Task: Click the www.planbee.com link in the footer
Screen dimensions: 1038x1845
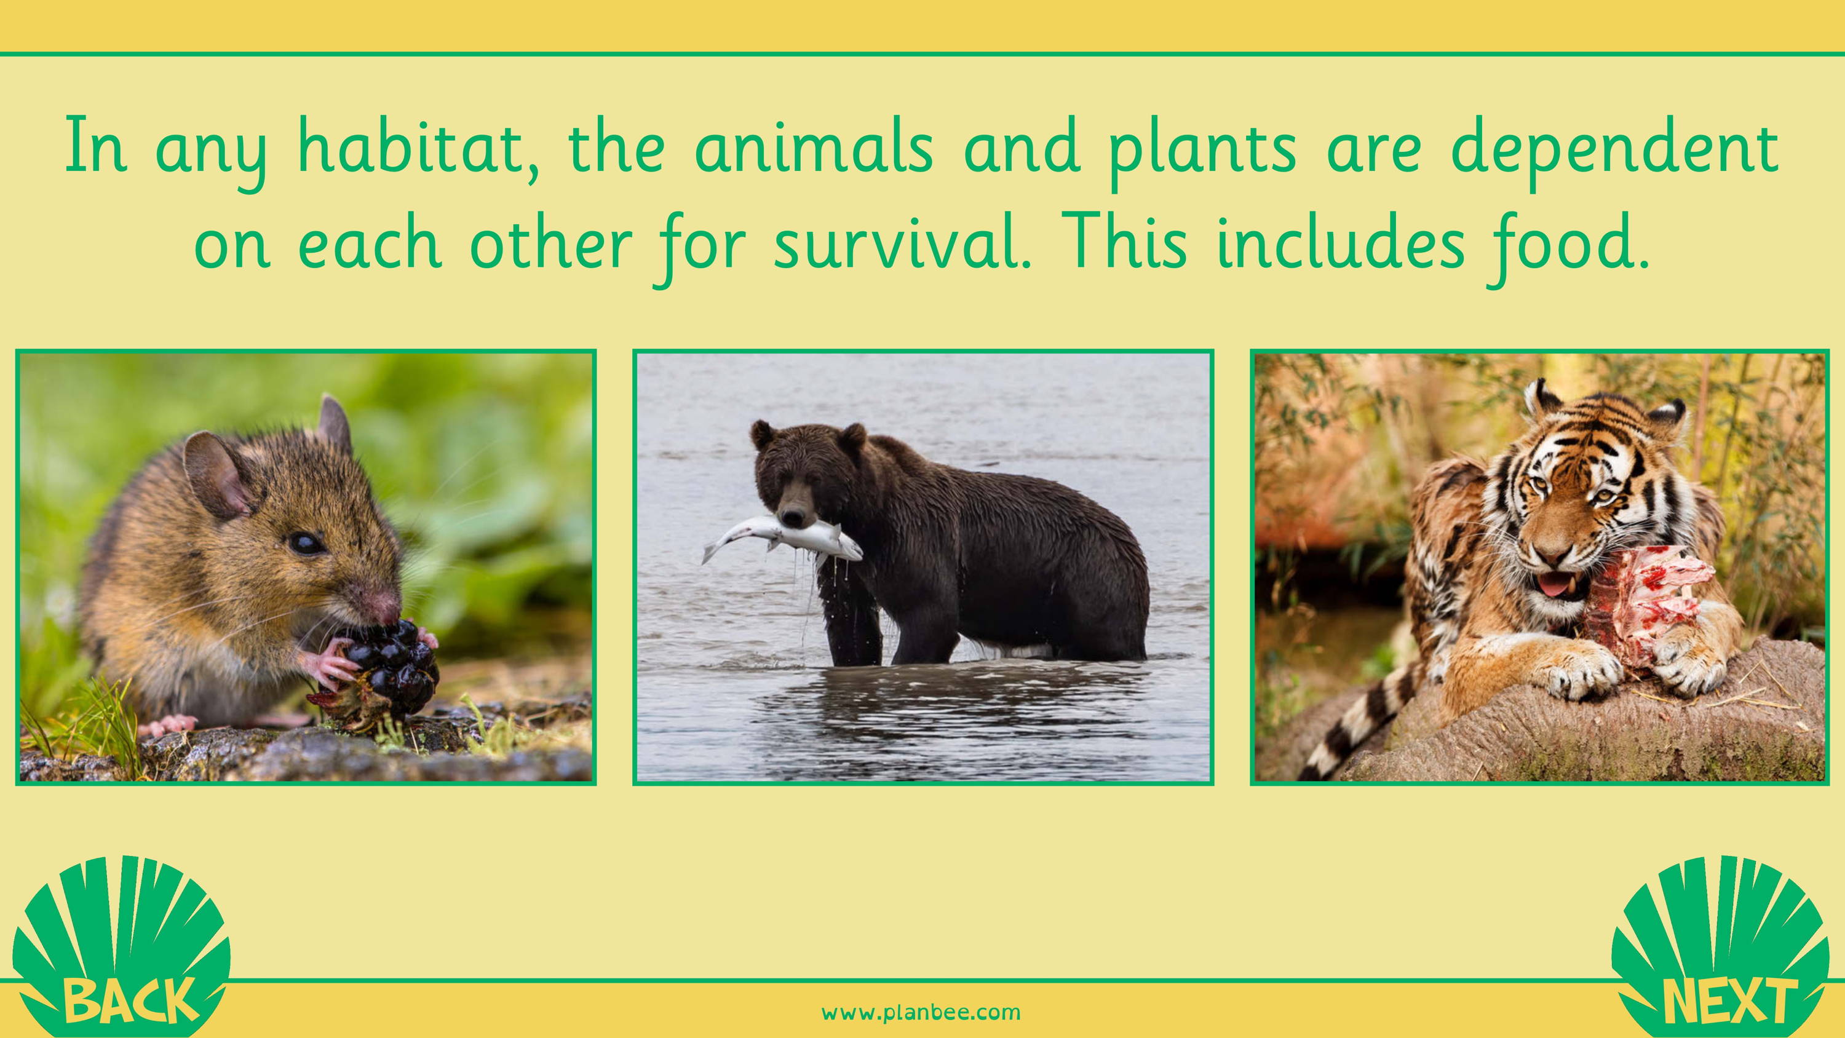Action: pyautogui.click(x=921, y=1012)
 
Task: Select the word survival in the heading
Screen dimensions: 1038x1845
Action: pyautogui.click(x=902, y=244)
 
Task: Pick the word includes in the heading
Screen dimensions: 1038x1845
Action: pyautogui.click(x=1340, y=244)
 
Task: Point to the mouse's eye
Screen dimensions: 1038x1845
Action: pyautogui.click(x=305, y=542)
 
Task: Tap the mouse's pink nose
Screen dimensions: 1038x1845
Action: pyautogui.click(x=387, y=605)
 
